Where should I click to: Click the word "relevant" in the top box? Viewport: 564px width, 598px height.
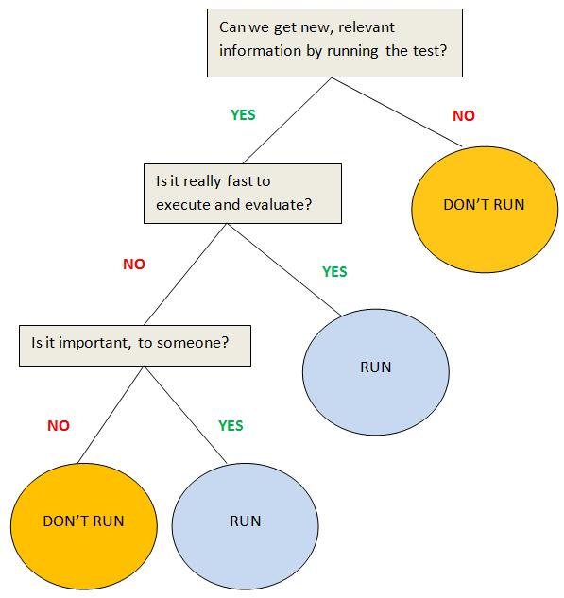[x=367, y=27]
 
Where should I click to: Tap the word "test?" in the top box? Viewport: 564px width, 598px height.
[x=429, y=51]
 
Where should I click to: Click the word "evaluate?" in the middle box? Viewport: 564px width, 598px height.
[x=278, y=205]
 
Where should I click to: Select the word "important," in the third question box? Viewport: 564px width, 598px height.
[x=95, y=343]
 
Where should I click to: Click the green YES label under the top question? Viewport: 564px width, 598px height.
[x=243, y=115]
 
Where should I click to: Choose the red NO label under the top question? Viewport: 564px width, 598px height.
[x=464, y=115]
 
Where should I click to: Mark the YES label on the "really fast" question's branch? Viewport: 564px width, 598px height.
[x=334, y=271]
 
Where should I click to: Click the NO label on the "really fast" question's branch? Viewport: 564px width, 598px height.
[x=134, y=264]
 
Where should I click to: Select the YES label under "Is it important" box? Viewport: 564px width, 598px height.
[x=231, y=426]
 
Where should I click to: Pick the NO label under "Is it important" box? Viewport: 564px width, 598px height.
[x=59, y=426]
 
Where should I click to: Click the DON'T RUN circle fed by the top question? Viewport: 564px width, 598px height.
[x=485, y=210]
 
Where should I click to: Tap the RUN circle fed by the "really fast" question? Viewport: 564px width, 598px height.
[x=376, y=372]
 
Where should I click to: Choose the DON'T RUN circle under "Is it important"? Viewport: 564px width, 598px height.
[x=84, y=526]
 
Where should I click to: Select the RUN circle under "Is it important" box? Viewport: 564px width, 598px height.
[x=246, y=526]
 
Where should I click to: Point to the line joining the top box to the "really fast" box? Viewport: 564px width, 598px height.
[x=287, y=121]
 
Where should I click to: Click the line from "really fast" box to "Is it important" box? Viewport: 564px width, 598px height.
[x=185, y=274]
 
